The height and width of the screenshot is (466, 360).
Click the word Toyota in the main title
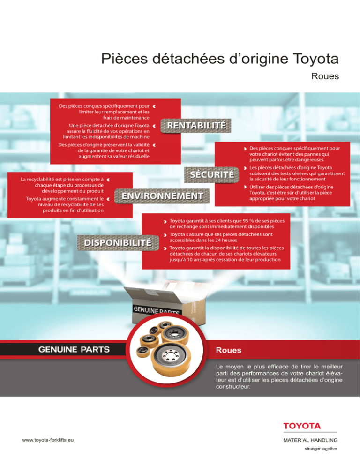pos(316,59)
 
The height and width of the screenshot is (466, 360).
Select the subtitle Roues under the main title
pos(325,76)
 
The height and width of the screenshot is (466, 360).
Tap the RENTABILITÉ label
pos(196,126)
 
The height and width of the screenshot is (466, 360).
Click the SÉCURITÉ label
pos(212,174)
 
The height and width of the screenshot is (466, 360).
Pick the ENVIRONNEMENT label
pos(162,196)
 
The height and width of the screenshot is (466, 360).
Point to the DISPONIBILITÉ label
pos(118,243)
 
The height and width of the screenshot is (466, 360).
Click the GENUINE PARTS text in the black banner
pos(74,350)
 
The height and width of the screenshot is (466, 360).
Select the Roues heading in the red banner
pos(229,350)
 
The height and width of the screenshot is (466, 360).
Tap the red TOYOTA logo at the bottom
pos(302,426)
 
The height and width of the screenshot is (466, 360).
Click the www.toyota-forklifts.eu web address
pos(48,440)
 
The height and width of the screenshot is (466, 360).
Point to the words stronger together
pos(321,449)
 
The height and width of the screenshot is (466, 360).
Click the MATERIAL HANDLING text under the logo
pos(310,440)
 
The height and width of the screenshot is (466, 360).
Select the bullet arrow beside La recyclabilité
pos(108,180)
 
